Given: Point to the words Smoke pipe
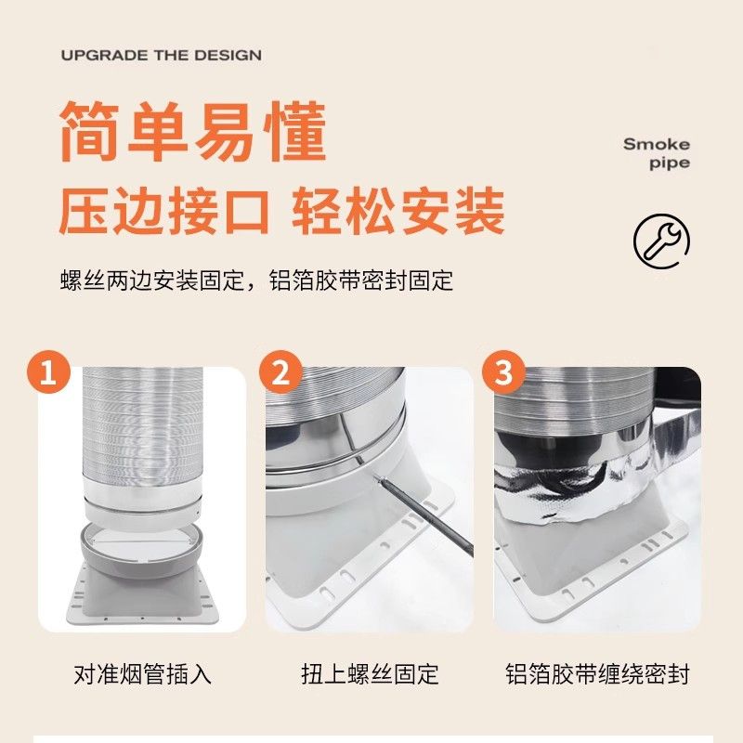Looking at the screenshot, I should point(657,153).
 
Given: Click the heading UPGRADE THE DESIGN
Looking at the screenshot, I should point(162,56).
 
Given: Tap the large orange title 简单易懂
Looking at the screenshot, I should point(193,133).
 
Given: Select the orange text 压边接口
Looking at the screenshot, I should point(163,211).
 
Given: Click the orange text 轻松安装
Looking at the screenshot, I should point(398,211).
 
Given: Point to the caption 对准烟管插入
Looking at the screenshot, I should point(142,673).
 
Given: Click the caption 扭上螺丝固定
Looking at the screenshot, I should point(370,673).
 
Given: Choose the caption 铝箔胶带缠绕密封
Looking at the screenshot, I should point(597,673).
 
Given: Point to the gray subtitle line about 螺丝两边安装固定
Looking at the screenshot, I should point(255,280).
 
